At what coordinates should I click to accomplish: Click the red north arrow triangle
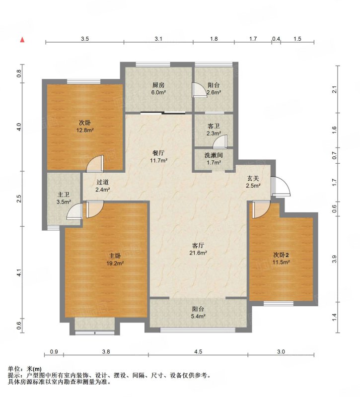tap(22, 40)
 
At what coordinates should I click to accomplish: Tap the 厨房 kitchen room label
tap(158, 85)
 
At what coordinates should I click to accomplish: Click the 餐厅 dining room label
tap(158, 153)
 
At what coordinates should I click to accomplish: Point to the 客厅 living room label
tap(198, 245)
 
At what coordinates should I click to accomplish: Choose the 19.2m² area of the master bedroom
tap(115, 264)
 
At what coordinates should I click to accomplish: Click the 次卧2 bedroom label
tap(281, 255)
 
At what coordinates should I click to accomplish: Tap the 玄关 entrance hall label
tap(253, 179)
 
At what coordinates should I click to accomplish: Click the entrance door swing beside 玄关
tap(280, 186)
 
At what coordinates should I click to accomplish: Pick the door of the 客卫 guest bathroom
tap(220, 142)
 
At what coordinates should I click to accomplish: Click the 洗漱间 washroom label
tap(214, 155)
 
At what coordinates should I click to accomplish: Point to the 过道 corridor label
tap(103, 182)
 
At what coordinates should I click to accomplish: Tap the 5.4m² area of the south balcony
tap(198, 316)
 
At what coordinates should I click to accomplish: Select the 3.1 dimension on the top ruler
tap(158, 39)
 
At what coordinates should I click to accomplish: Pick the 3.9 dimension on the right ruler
tap(334, 259)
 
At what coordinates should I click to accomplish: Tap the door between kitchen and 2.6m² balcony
tap(199, 90)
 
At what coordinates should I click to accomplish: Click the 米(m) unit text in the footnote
tap(34, 369)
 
